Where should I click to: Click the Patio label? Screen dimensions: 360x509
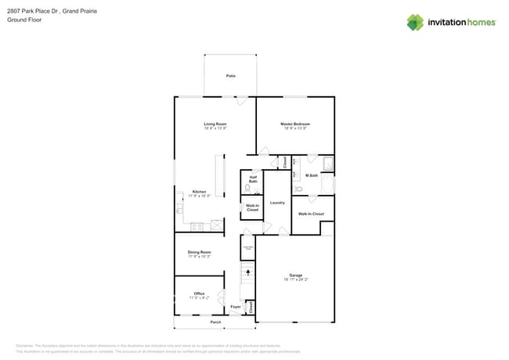point(230,76)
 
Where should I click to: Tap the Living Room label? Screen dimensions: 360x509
point(215,124)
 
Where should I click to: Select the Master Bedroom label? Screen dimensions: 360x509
point(295,124)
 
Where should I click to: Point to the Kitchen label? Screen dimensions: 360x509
point(200,192)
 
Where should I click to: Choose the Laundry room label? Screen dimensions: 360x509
point(276,203)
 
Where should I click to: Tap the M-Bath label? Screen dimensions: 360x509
point(311,175)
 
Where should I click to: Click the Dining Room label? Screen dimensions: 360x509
point(199,252)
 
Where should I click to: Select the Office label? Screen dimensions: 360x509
point(199,293)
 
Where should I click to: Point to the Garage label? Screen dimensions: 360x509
point(295,275)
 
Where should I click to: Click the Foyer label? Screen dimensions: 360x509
point(235,307)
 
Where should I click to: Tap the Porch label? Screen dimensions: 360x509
point(215,322)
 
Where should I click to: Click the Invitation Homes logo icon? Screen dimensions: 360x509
point(415,22)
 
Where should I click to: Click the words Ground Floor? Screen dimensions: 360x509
point(24,20)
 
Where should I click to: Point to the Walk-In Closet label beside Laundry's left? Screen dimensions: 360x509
point(252,207)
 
